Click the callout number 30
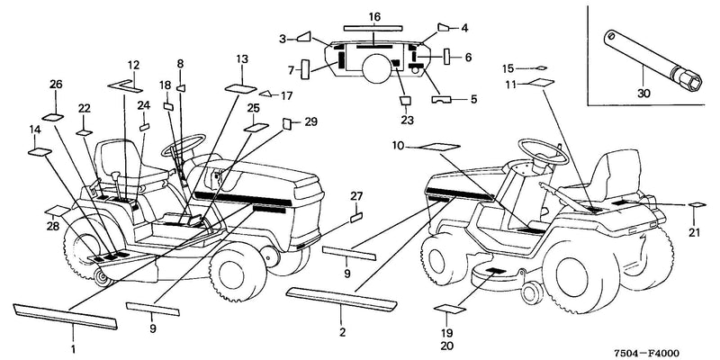(x=643, y=94)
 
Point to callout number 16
(x=374, y=17)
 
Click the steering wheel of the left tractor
(x=183, y=145)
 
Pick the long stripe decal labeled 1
(x=66, y=317)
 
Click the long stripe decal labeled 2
(x=341, y=299)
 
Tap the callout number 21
(x=694, y=232)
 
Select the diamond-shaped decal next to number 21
(x=697, y=205)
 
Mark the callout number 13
(x=242, y=58)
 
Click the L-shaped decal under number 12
(x=125, y=85)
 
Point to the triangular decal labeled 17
(x=265, y=94)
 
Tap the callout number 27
(x=356, y=196)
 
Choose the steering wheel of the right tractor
(x=544, y=150)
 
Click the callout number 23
(x=407, y=121)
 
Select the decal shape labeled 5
(x=442, y=99)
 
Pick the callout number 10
(x=398, y=146)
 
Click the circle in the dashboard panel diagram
(x=376, y=67)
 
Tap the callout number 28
(x=53, y=226)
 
